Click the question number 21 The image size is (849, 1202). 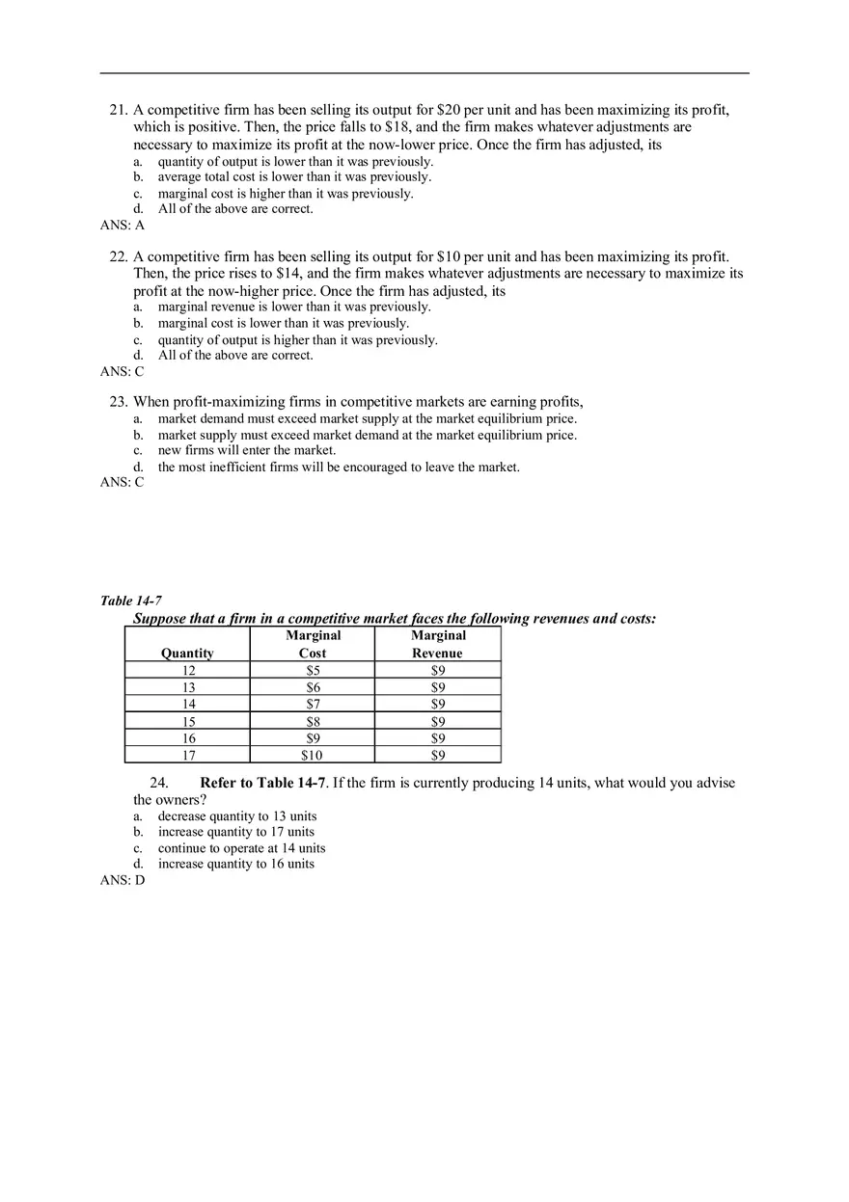tap(119, 111)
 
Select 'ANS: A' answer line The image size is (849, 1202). tap(122, 225)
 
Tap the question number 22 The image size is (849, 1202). tap(119, 257)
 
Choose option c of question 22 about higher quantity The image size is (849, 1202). tap(297, 340)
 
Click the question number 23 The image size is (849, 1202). tap(119, 402)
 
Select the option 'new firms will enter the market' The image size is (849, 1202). tap(247, 450)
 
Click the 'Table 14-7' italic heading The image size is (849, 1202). tap(131, 601)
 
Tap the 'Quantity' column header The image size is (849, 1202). tap(187, 653)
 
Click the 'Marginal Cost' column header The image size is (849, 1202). tap(313, 644)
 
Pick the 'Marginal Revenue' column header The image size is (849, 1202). tap(438, 644)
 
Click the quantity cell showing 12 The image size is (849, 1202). tap(188, 670)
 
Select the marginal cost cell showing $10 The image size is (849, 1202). tap(313, 755)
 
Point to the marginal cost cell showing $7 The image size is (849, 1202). tap(313, 704)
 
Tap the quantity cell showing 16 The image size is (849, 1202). tap(188, 738)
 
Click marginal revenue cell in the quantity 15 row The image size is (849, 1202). tap(438, 721)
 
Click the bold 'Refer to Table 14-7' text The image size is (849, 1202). tap(263, 783)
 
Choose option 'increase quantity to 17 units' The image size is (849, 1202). tap(236, 832)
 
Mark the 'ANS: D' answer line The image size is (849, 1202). tap(122, 880)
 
